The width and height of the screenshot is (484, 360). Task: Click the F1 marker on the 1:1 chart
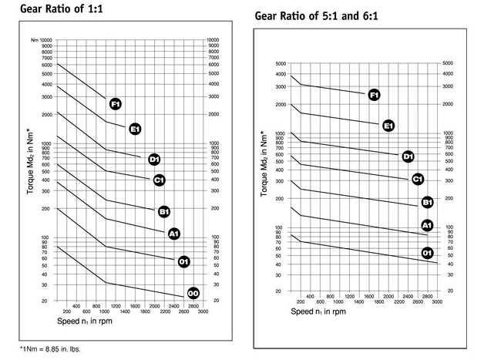point(116,103)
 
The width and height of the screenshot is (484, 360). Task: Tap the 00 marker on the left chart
point(193,292)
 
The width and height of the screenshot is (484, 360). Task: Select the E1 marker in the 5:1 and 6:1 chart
point(389,125)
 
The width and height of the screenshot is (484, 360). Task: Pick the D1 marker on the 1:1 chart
point(154,160)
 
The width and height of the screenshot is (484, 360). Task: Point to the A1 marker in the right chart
point(427,225)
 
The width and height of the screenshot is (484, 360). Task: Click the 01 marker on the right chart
point(427,253)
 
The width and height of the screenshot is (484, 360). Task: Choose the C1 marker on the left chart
point(160,180)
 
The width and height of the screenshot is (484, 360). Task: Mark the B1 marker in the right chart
point(427,202)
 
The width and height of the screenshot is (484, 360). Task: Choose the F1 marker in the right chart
point(374,95)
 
